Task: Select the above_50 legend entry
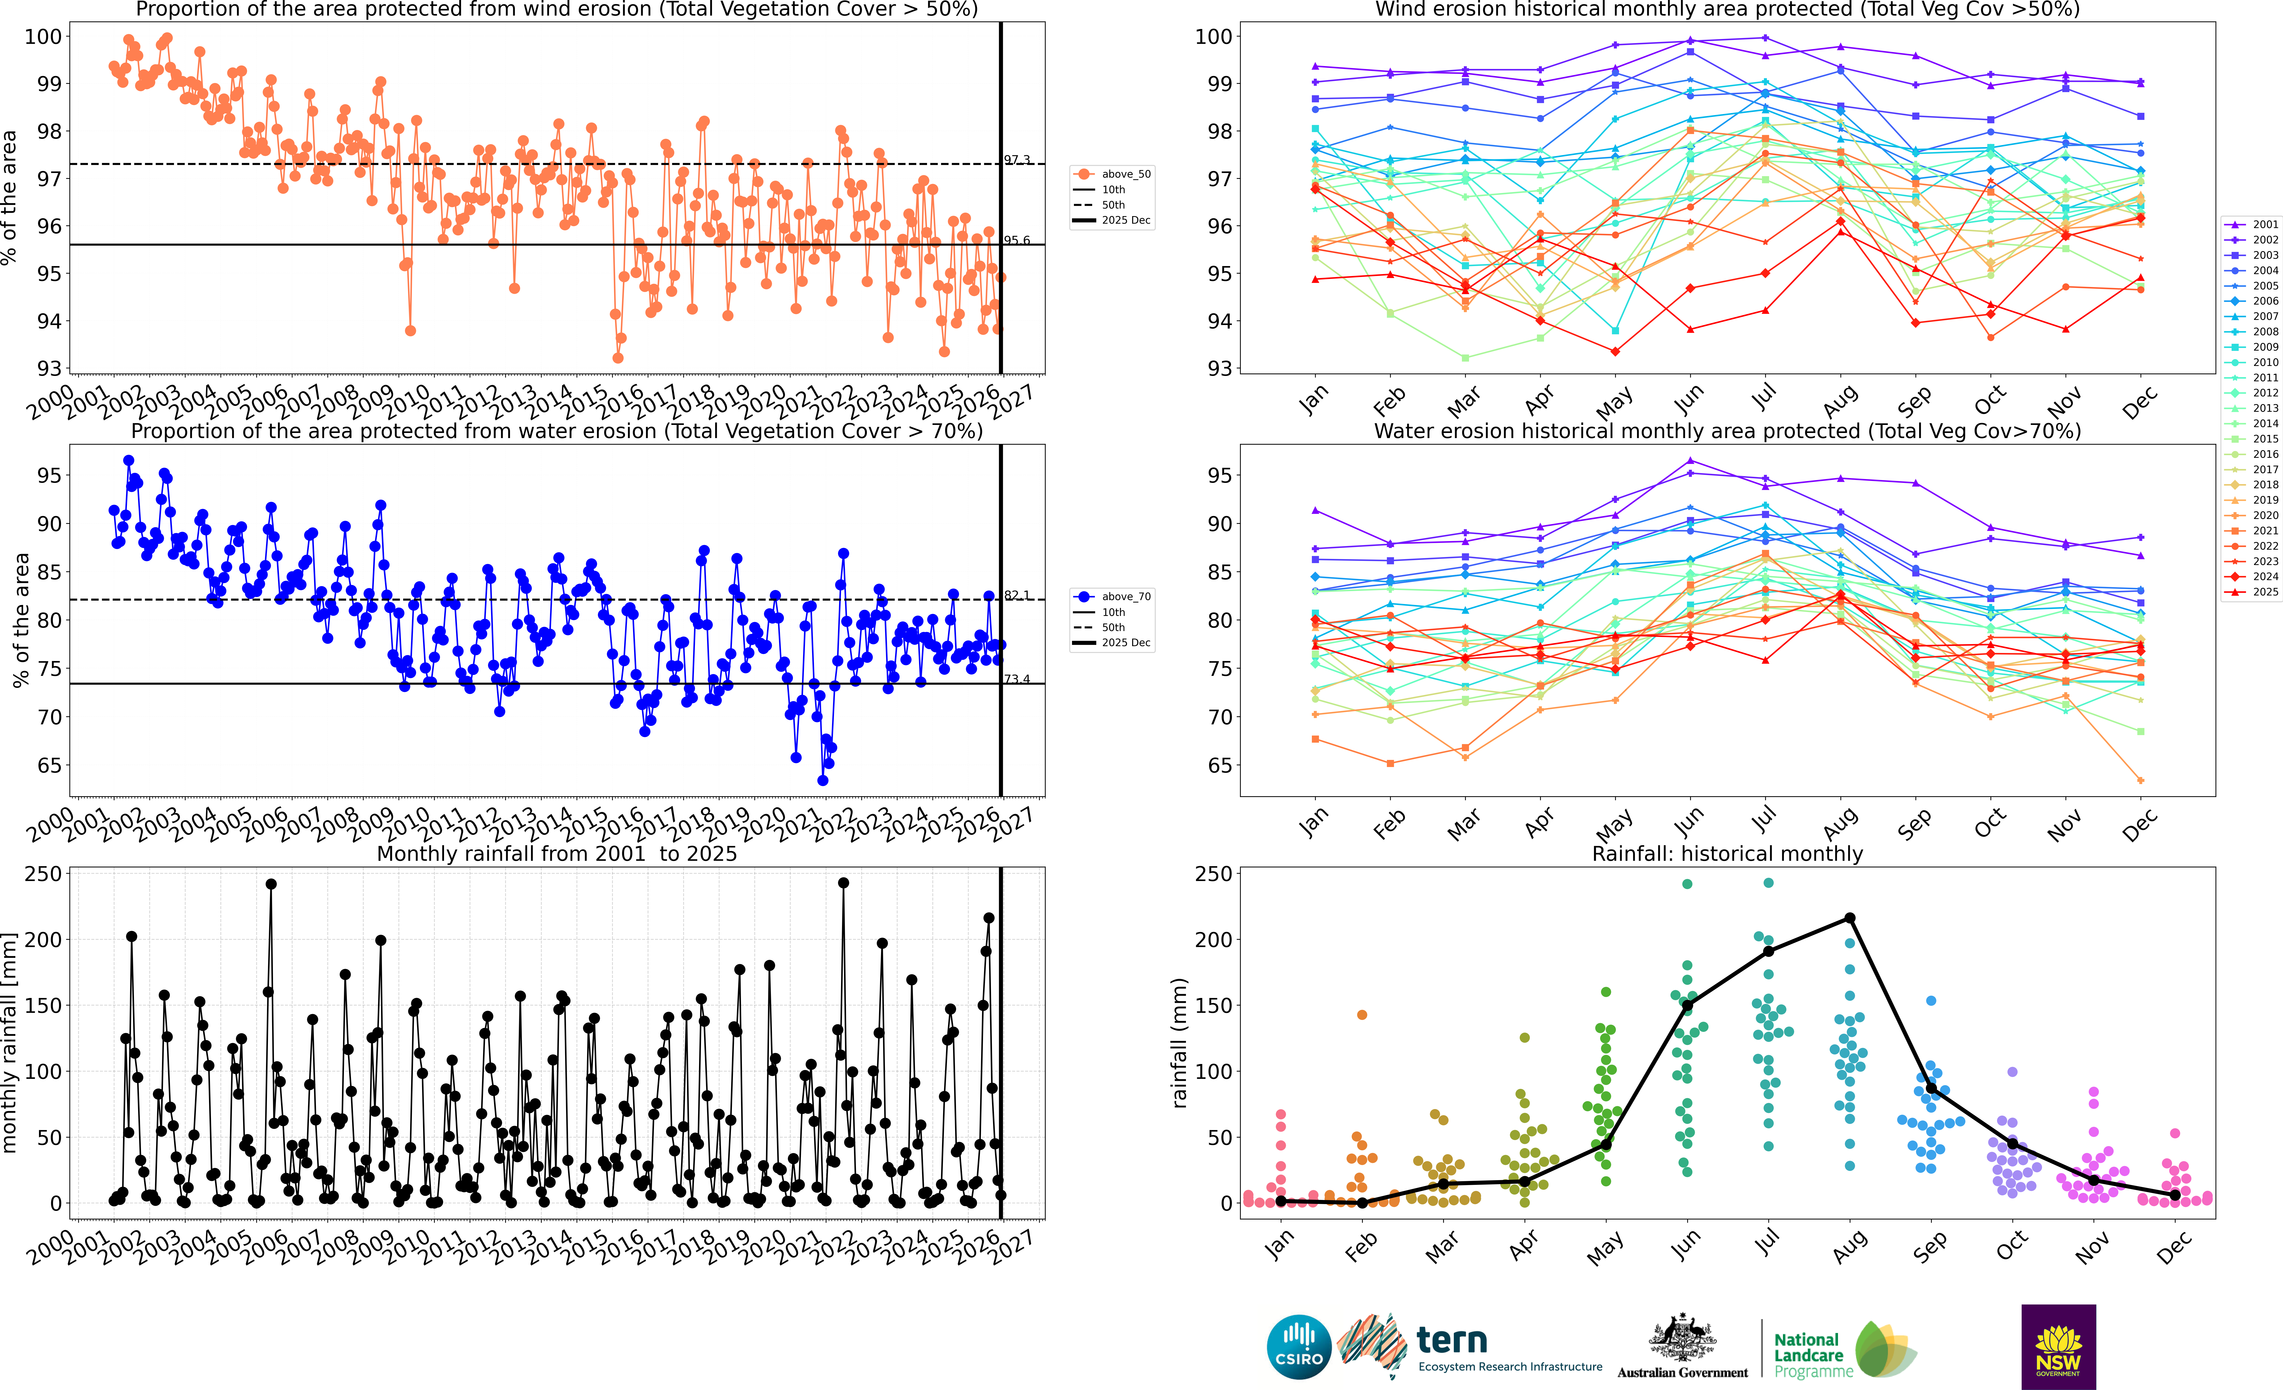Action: coord(1113,174)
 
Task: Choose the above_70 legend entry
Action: coord(1113,597)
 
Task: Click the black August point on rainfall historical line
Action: coord(1849,918)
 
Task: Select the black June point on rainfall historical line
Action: coord(1687,1006)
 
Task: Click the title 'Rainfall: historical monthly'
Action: coord(1727,853)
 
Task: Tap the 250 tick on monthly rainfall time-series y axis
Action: coord(44,874)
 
